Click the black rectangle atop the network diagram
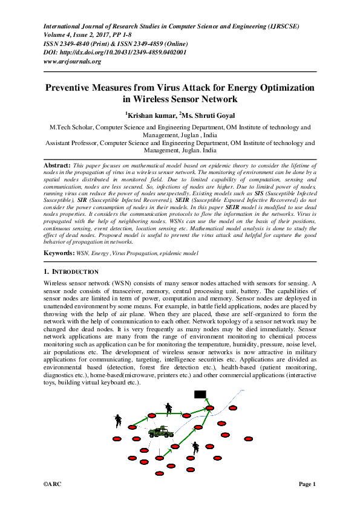tap(200, 395)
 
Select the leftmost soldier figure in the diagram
tap(117, 420)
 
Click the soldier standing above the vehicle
tap(169, 408)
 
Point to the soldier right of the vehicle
tap(195, 448)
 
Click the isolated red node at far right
tap(247, 439)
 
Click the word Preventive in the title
tap(71, 88)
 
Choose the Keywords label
tap(59, 251)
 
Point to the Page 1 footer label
tap(307, 484)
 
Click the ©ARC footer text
tap(53, 484)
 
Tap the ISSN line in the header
tap(116, 44)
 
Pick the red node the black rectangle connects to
tap(209, 409)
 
